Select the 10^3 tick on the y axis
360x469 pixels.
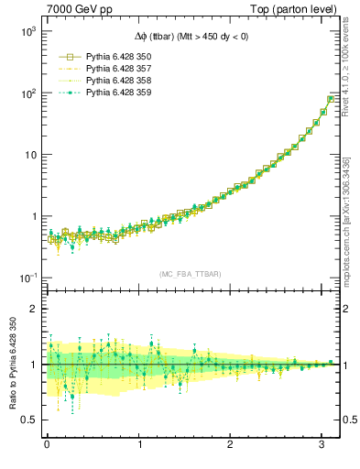pyautogui.click(x=27, y=31)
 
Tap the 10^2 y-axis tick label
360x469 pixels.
pyautogui.click(x=27, y=93)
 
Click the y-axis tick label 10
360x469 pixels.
pyautogui.click(x=29, y=155)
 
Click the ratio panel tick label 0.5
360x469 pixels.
pyautogui.click(x=27, y=420)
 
